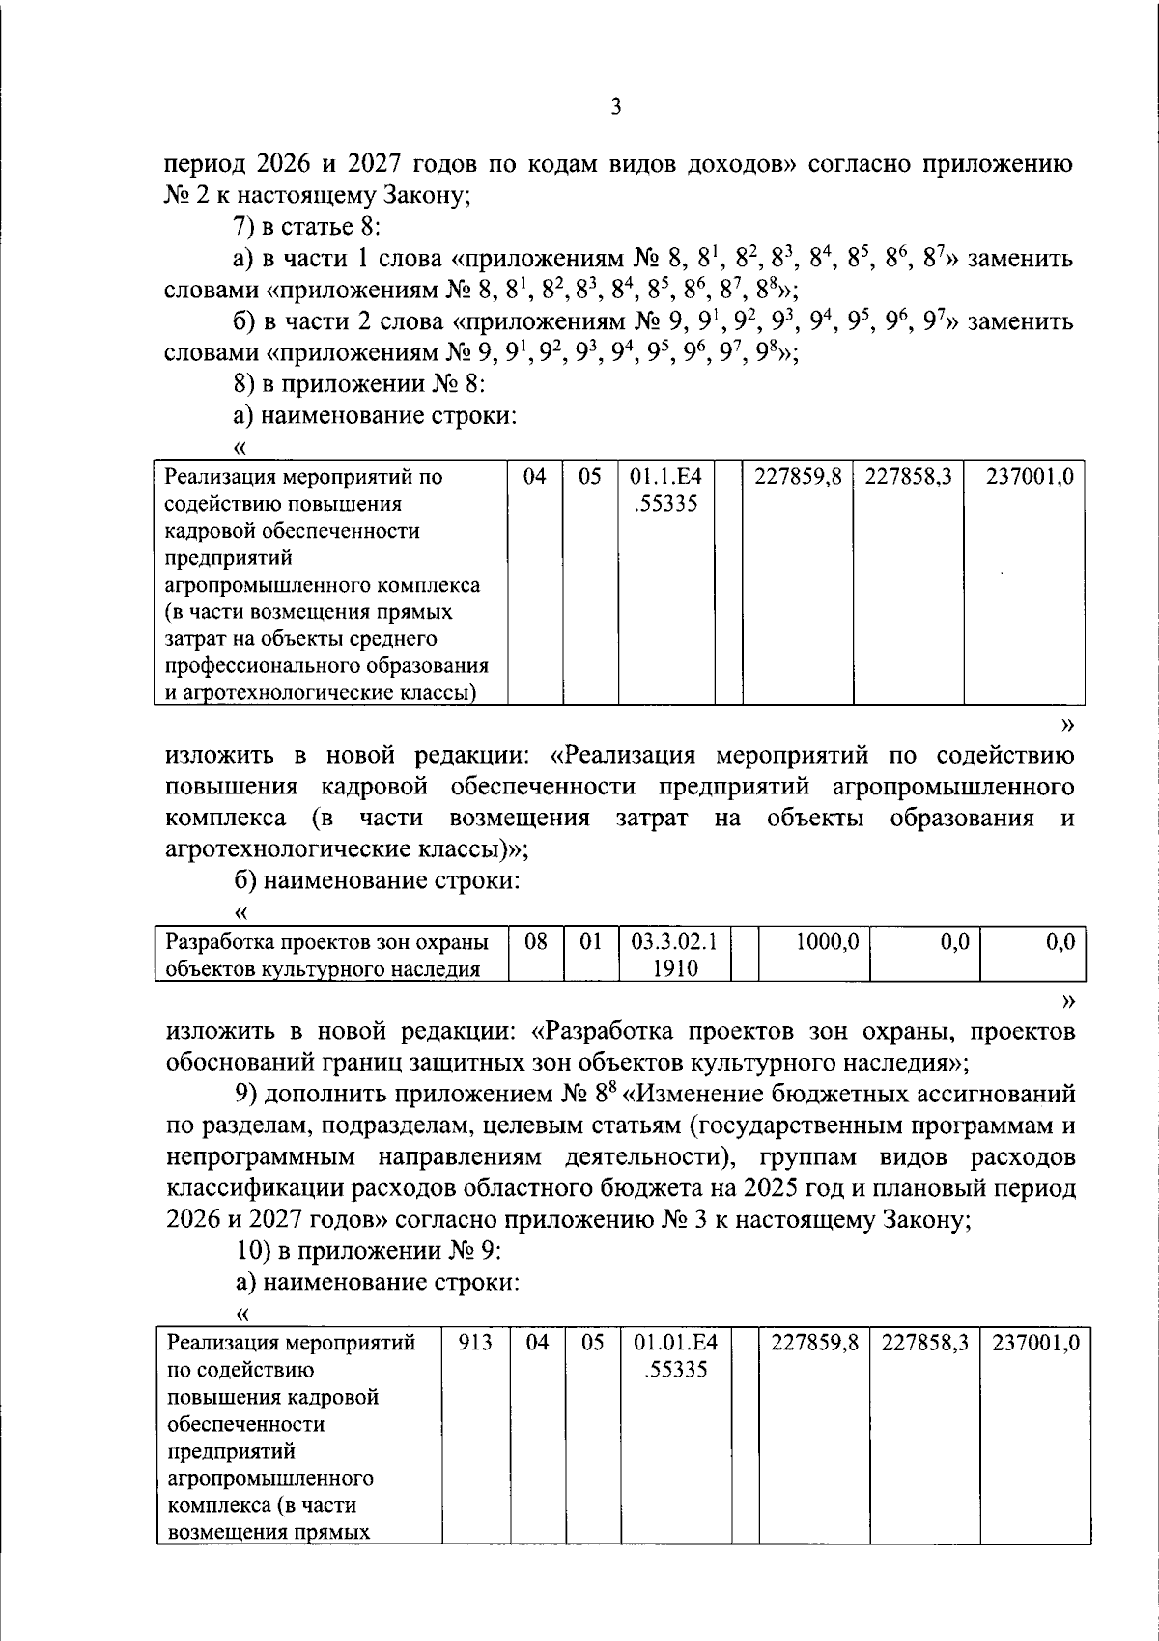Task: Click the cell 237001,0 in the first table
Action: (x=1029, y=477)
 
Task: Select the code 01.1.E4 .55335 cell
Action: (x=665, y=489)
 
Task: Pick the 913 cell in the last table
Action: (x=475, y=1343)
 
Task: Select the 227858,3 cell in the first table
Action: (x=908, y=477)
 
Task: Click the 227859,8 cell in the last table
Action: (x=814, y=1343)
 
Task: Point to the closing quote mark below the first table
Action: (x=1066, y=724)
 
